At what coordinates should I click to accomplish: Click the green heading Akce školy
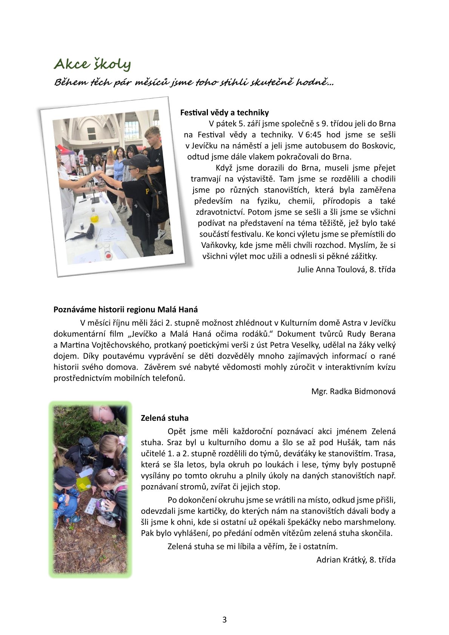tap(92, 64)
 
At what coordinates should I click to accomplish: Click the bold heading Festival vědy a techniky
tap(224, 112)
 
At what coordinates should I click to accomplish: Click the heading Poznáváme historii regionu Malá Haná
tap(126, 310)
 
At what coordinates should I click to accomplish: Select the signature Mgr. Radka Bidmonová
tap(353, 391)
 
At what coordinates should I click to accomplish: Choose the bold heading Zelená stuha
tap(165, 418)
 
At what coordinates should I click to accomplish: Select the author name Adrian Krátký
tap(341, 560)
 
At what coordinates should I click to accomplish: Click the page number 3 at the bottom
tap(224, 620)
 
